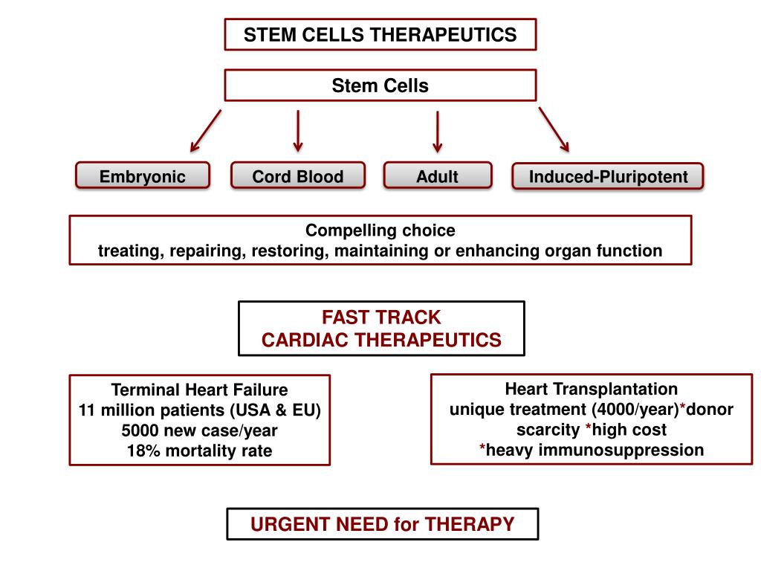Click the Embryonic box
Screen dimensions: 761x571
[143, 175]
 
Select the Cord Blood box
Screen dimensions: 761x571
[298, 175]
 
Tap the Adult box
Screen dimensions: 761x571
[438, 175]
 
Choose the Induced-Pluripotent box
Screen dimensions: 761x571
[608, 175]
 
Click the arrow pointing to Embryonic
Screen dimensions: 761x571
[206, 131]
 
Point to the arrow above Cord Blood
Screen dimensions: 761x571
[298, 131]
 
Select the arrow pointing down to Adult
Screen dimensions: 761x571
[437, 132]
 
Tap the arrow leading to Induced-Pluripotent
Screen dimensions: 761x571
[554, 129]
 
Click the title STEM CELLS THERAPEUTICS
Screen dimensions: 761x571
[380, 35]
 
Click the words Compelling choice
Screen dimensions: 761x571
[380, 230]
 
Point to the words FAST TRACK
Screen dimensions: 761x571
[381, 317]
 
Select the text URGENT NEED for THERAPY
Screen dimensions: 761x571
[383, 524]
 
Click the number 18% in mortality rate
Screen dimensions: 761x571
[143, 451]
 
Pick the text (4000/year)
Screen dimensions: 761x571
[635, 410]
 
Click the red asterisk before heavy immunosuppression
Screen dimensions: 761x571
[482, 448]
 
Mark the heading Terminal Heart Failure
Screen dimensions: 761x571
[199, 390]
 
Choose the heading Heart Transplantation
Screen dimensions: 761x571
[592, 388]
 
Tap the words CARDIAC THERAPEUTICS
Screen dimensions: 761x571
[381, 340]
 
